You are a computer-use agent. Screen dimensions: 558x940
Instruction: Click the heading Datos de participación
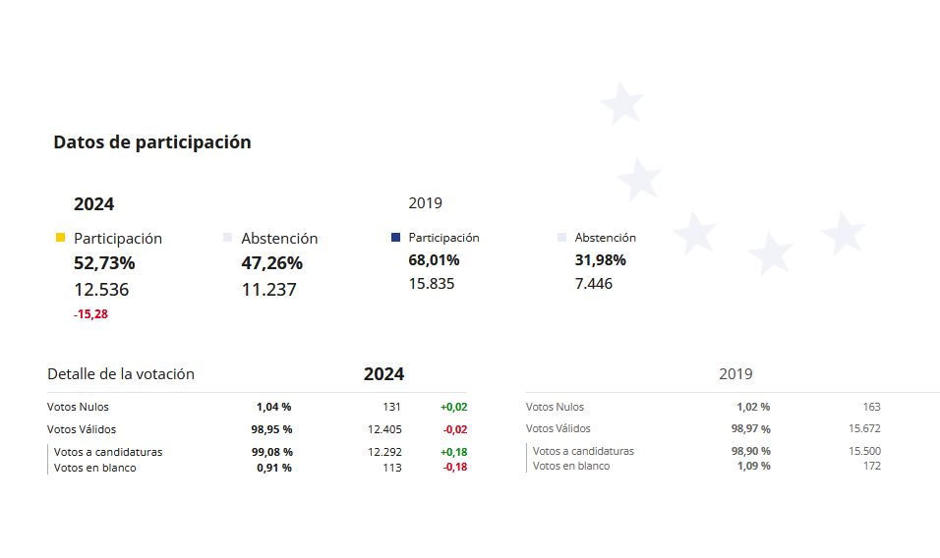pyautogui.click(x=152, y=142)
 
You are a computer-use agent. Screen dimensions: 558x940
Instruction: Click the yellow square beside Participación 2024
pyautogui.click(x=61, y=238)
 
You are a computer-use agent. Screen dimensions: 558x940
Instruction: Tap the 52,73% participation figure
pyautogui.click(x=104, y=263)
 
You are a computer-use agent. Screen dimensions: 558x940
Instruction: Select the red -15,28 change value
pyautogui.click(x=90, y=314)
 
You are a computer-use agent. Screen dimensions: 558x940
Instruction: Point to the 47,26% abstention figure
pyautogui.click(x=271, y=263)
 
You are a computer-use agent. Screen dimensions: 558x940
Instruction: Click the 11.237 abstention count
pyautogui.click(x=268, y=290)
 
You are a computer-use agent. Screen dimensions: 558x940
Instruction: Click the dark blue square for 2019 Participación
pyautogui.click(x=395, y=237)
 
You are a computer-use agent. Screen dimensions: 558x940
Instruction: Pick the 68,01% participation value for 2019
pyautogui.click(x=434, y=260)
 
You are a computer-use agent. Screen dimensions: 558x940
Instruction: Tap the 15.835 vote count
pyautogui.click(x=432, y=284)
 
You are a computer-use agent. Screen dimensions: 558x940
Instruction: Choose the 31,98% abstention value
pyautogui.click(x=600, y=260)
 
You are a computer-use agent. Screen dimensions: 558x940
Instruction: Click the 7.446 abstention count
pyautogui.click(x=593, y=284)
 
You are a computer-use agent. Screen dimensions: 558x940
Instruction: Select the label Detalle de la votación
pyautogui.click(x=121, y=374)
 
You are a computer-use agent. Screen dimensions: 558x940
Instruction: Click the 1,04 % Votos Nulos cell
pyautogui.click(x=273, y=407)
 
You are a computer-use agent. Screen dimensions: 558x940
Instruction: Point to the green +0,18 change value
pyautogui.click(x=453, y=452)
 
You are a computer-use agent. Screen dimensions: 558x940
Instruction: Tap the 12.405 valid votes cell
pyautogui.click(x=384, y=429)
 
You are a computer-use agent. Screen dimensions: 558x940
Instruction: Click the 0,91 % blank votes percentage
pyautogui.click(x=273, y=468)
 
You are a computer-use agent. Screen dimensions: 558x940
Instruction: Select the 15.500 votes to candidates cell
pyautogui.click(x=864, y=451)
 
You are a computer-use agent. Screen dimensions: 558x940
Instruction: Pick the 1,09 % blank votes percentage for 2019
pyautogui.click(x=752, y=466)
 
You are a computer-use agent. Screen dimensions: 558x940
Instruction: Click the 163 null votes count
pyautogui.click(x=871, y=407)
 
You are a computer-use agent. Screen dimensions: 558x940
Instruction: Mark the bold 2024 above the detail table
pyautogui.click(x=383, y=374)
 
